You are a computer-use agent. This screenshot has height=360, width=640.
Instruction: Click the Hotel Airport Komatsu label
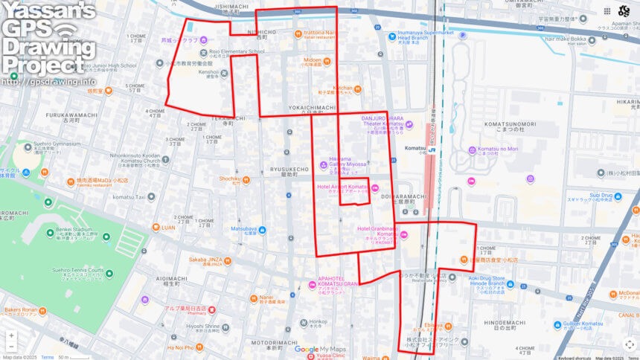(342, 186)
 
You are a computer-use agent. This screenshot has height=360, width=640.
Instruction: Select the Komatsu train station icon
(432, 150)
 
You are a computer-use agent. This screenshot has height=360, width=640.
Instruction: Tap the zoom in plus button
(11, 335)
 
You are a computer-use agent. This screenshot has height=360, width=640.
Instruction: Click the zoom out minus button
(11, 347)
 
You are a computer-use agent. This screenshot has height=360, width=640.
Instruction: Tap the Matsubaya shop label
(244, 229)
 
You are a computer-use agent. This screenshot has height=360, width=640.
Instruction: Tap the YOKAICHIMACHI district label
(312, 108)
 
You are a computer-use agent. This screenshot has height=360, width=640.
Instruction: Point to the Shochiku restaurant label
(230, 179)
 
